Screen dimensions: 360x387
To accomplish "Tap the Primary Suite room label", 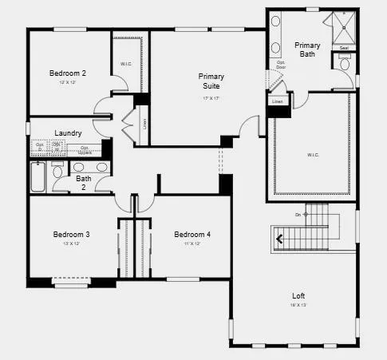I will pos(211,81).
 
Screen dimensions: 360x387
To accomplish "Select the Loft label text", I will pos(298,296).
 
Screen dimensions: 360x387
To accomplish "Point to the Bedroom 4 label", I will pos(192,235).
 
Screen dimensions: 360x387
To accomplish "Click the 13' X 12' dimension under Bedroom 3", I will pos(71,243).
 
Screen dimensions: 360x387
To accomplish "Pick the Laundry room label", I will pos(68,133).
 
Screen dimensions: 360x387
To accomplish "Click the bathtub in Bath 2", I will pos(39,176).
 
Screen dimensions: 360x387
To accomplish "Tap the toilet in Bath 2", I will pos(57,171).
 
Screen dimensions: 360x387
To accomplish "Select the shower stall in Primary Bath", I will pos(342,30).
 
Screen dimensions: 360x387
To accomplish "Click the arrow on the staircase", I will pos(280,237).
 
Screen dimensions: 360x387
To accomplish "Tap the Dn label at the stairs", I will pos(297,215).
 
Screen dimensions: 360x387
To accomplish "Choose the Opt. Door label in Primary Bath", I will pos(281,64).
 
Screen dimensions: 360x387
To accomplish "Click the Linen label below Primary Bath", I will pos(277,101).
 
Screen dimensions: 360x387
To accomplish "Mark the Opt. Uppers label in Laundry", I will pos(85,149).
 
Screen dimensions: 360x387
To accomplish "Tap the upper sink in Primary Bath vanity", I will pos(276,24).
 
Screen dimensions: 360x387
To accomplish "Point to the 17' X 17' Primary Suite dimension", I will pos(211,98).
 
